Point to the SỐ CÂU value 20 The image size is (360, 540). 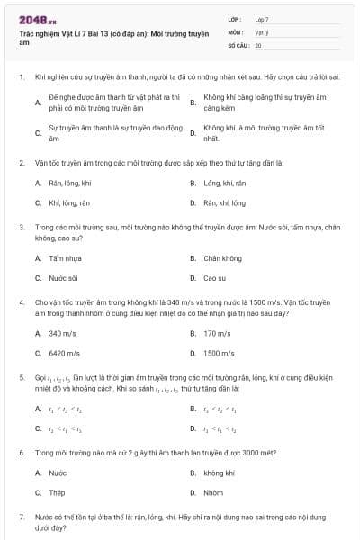click(258, 44)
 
